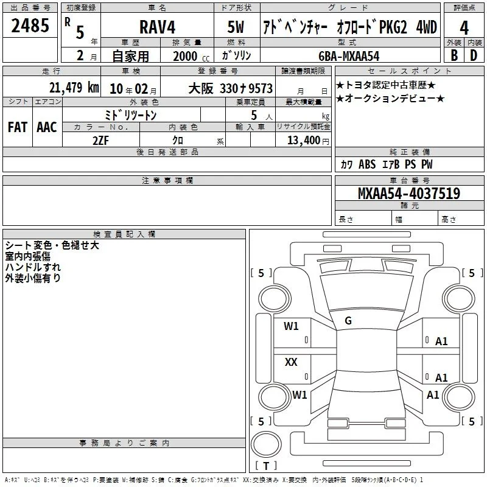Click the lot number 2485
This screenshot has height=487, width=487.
pyautogui.click(x=30, y=26)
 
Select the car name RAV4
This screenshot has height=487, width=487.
pyautogui.click(x=157, y=27)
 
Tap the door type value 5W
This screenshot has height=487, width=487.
pyautogui.click(x=236, y=27)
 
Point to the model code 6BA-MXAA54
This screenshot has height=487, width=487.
pyautogui.click(x=349, y=56)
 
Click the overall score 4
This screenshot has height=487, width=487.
pyautogui.click(x=464, y=28)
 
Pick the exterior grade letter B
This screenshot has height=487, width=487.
pyautogui.click(x=454, y=55)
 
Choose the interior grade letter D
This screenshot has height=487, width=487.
pyautogui.click(x=474, y=55)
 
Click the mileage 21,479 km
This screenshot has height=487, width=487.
pyautogui.click(x=74, y=88)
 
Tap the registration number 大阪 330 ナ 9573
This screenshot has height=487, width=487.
pyautogui.click(x=231, y=88)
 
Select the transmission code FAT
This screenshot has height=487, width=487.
pyautogui.click(x=18, y=127)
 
